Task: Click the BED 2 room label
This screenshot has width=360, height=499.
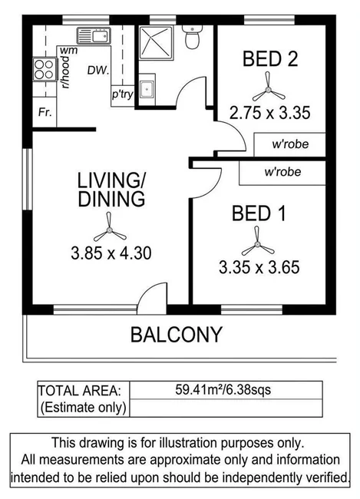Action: pos(269,59)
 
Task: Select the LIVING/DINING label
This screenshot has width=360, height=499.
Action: pos(111,190)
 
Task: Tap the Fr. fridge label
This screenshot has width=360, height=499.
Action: pos(45,112)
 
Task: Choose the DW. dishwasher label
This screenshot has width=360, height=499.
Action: pos(96,71)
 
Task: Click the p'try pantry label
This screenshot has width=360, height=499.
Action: pos(122,94)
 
